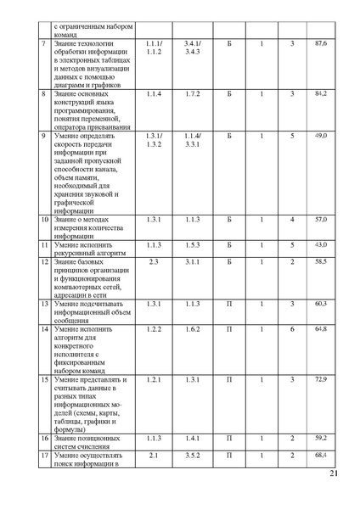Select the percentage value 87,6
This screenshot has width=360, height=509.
[x=320, y=42]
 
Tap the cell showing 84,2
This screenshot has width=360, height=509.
[x=320, y=93]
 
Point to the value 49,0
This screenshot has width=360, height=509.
[x=320, y=136]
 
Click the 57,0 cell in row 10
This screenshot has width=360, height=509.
[x=320, y=219]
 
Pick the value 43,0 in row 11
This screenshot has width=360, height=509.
[x=320, y=244]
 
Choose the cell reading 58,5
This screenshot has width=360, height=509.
[x=320, y=262]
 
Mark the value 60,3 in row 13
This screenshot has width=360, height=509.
[x=320, y=303]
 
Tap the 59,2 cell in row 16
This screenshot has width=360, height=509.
[x=320, y=437]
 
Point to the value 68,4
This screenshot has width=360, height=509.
[x=320, y=456]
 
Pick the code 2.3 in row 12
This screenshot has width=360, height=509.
[x=154, y=262]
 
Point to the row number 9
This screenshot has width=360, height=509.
[x=44, y=136]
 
